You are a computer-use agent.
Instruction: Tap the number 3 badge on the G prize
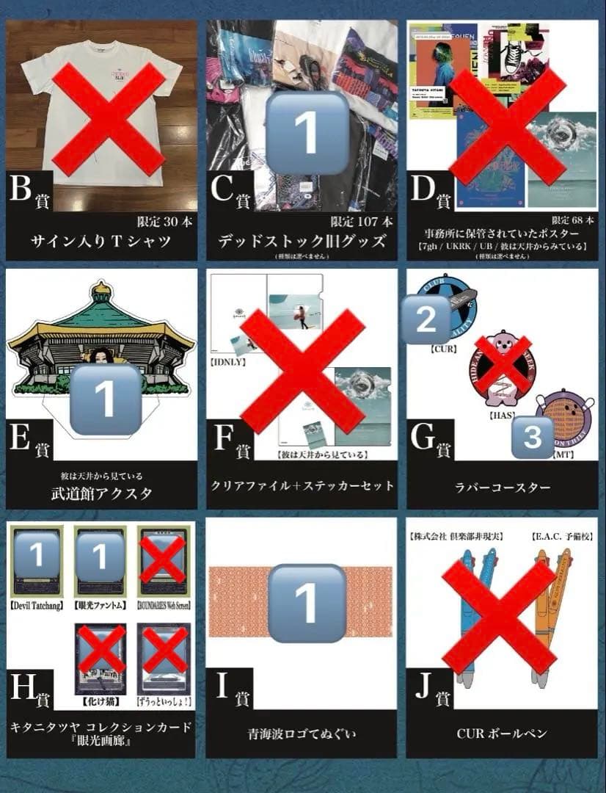(x=533, y=437)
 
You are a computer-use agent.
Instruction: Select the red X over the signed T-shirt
(x=108, y=119)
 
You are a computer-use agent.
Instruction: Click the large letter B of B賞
(x=21, y=190)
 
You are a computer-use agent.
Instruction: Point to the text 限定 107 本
(x=362, y=221)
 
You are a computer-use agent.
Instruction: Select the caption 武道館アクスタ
(x=101, y=493)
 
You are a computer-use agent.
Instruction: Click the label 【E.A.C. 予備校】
(x=559, y=537)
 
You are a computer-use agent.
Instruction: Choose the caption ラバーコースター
(x=502, y=486)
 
